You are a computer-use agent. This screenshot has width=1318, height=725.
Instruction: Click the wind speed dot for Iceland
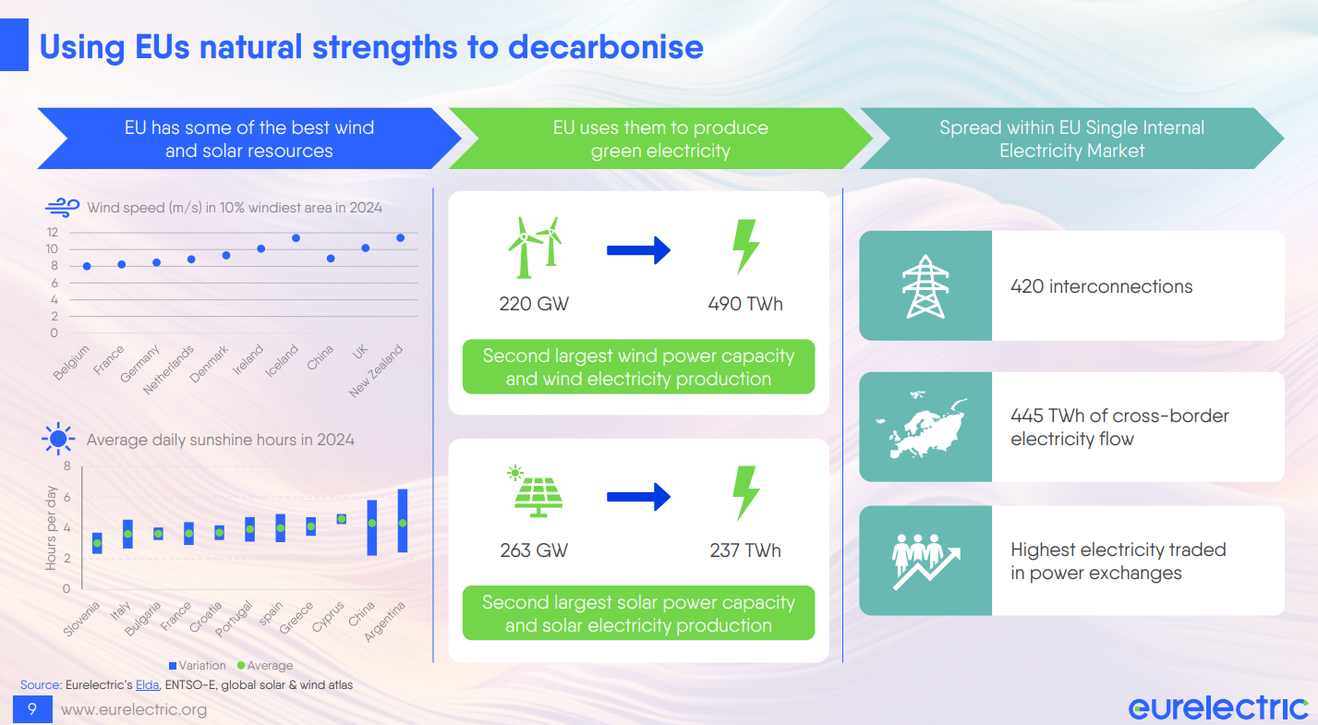(x=296, y=238)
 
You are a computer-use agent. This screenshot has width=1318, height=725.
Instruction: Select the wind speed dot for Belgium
(x=87, y=267)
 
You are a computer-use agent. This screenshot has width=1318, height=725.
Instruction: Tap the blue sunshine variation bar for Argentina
(x=403, y=521)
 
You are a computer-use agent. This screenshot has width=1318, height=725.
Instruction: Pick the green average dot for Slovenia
(x=97, y=543)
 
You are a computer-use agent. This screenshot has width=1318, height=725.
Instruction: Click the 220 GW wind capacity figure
(x=534, y=304)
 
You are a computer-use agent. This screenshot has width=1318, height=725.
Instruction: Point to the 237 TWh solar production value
(x=745, y=550)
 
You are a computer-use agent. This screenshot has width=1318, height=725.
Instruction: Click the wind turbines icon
(x=535, y=248)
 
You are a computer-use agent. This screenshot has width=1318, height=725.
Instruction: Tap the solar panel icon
(x=535, y=491)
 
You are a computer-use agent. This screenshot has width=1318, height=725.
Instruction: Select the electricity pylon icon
(x=925, y=286)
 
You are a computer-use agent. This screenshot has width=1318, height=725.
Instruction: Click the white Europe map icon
(x=922, y=425)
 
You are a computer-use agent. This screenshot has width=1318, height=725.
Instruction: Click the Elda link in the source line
(x=147, y=685)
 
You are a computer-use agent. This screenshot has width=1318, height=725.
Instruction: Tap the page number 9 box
(x=32, y=709)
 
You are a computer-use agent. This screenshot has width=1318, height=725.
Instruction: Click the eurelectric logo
(x=1218, y=707)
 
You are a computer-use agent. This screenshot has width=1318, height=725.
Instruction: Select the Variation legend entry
(x=197, y=666)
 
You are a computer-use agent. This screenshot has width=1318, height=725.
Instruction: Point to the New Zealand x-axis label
(x=376, y=370)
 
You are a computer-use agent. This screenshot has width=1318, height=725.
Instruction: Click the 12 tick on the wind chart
(x=53, y=233)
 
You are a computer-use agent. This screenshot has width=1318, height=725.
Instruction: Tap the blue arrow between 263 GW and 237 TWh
(x=638, y=497)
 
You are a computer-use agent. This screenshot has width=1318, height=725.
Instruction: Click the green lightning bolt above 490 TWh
(x=745, y=248)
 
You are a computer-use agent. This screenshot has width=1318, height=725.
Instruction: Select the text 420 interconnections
(x=1102, y=286)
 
